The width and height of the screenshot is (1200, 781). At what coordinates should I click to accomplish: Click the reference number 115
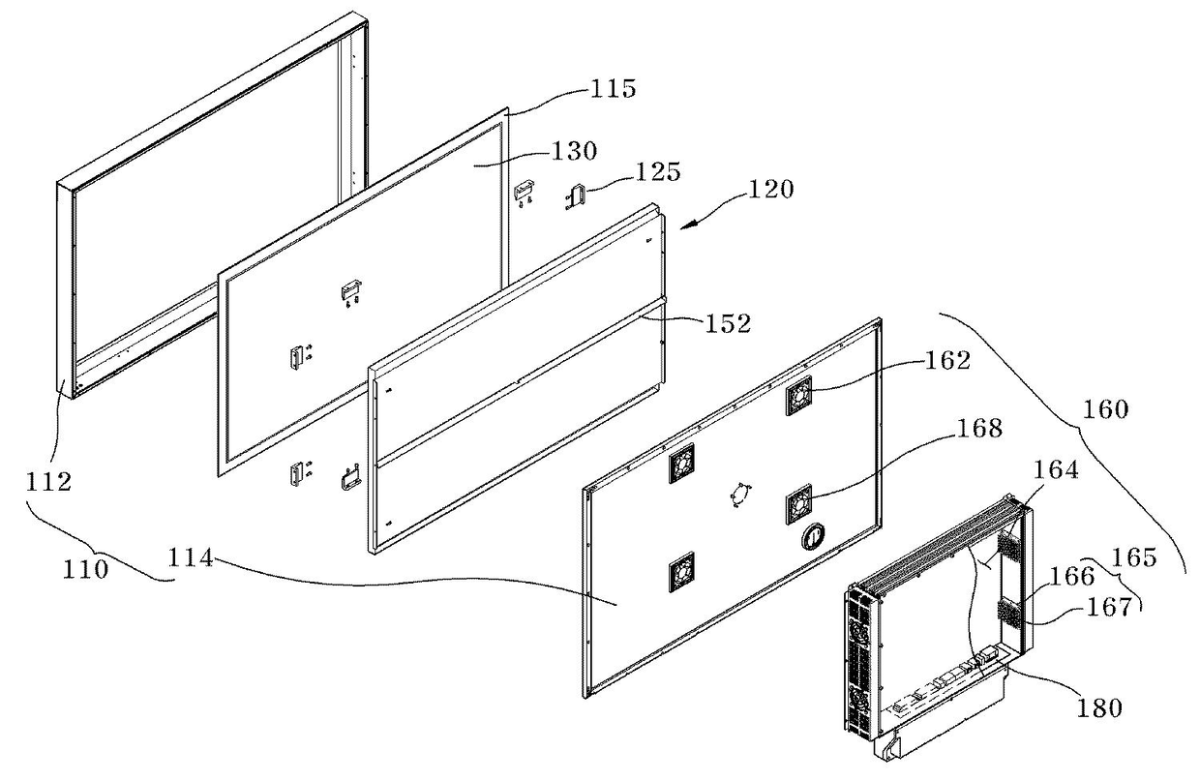613,90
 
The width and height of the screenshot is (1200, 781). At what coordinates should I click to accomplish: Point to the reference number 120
770,189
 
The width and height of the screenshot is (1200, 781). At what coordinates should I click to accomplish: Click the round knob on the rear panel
815,534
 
